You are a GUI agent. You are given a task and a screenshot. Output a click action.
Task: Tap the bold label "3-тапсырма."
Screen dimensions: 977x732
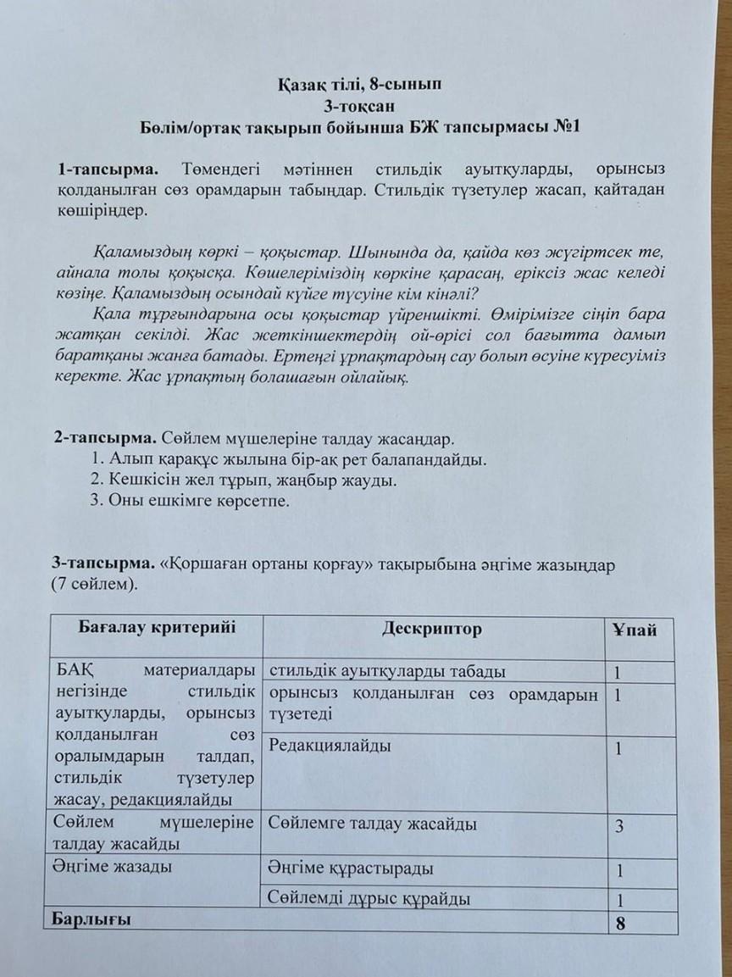click(x=101, y=563)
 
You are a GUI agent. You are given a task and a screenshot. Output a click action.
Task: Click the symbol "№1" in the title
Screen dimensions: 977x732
click(x=563, y=128)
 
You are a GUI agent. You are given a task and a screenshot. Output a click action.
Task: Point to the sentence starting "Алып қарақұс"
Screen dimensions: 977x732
click(x=289, y=460)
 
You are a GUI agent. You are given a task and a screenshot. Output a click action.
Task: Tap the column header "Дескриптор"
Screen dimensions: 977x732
click(x=432, y=630)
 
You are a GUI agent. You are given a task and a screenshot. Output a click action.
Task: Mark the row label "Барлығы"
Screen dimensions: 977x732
click(x=92, y=919)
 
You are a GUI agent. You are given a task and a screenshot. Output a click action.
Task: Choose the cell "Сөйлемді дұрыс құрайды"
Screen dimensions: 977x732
click(x=369, y=899)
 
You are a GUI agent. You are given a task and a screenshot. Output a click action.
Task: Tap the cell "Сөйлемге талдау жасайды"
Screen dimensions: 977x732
click(x=372, y=824)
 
